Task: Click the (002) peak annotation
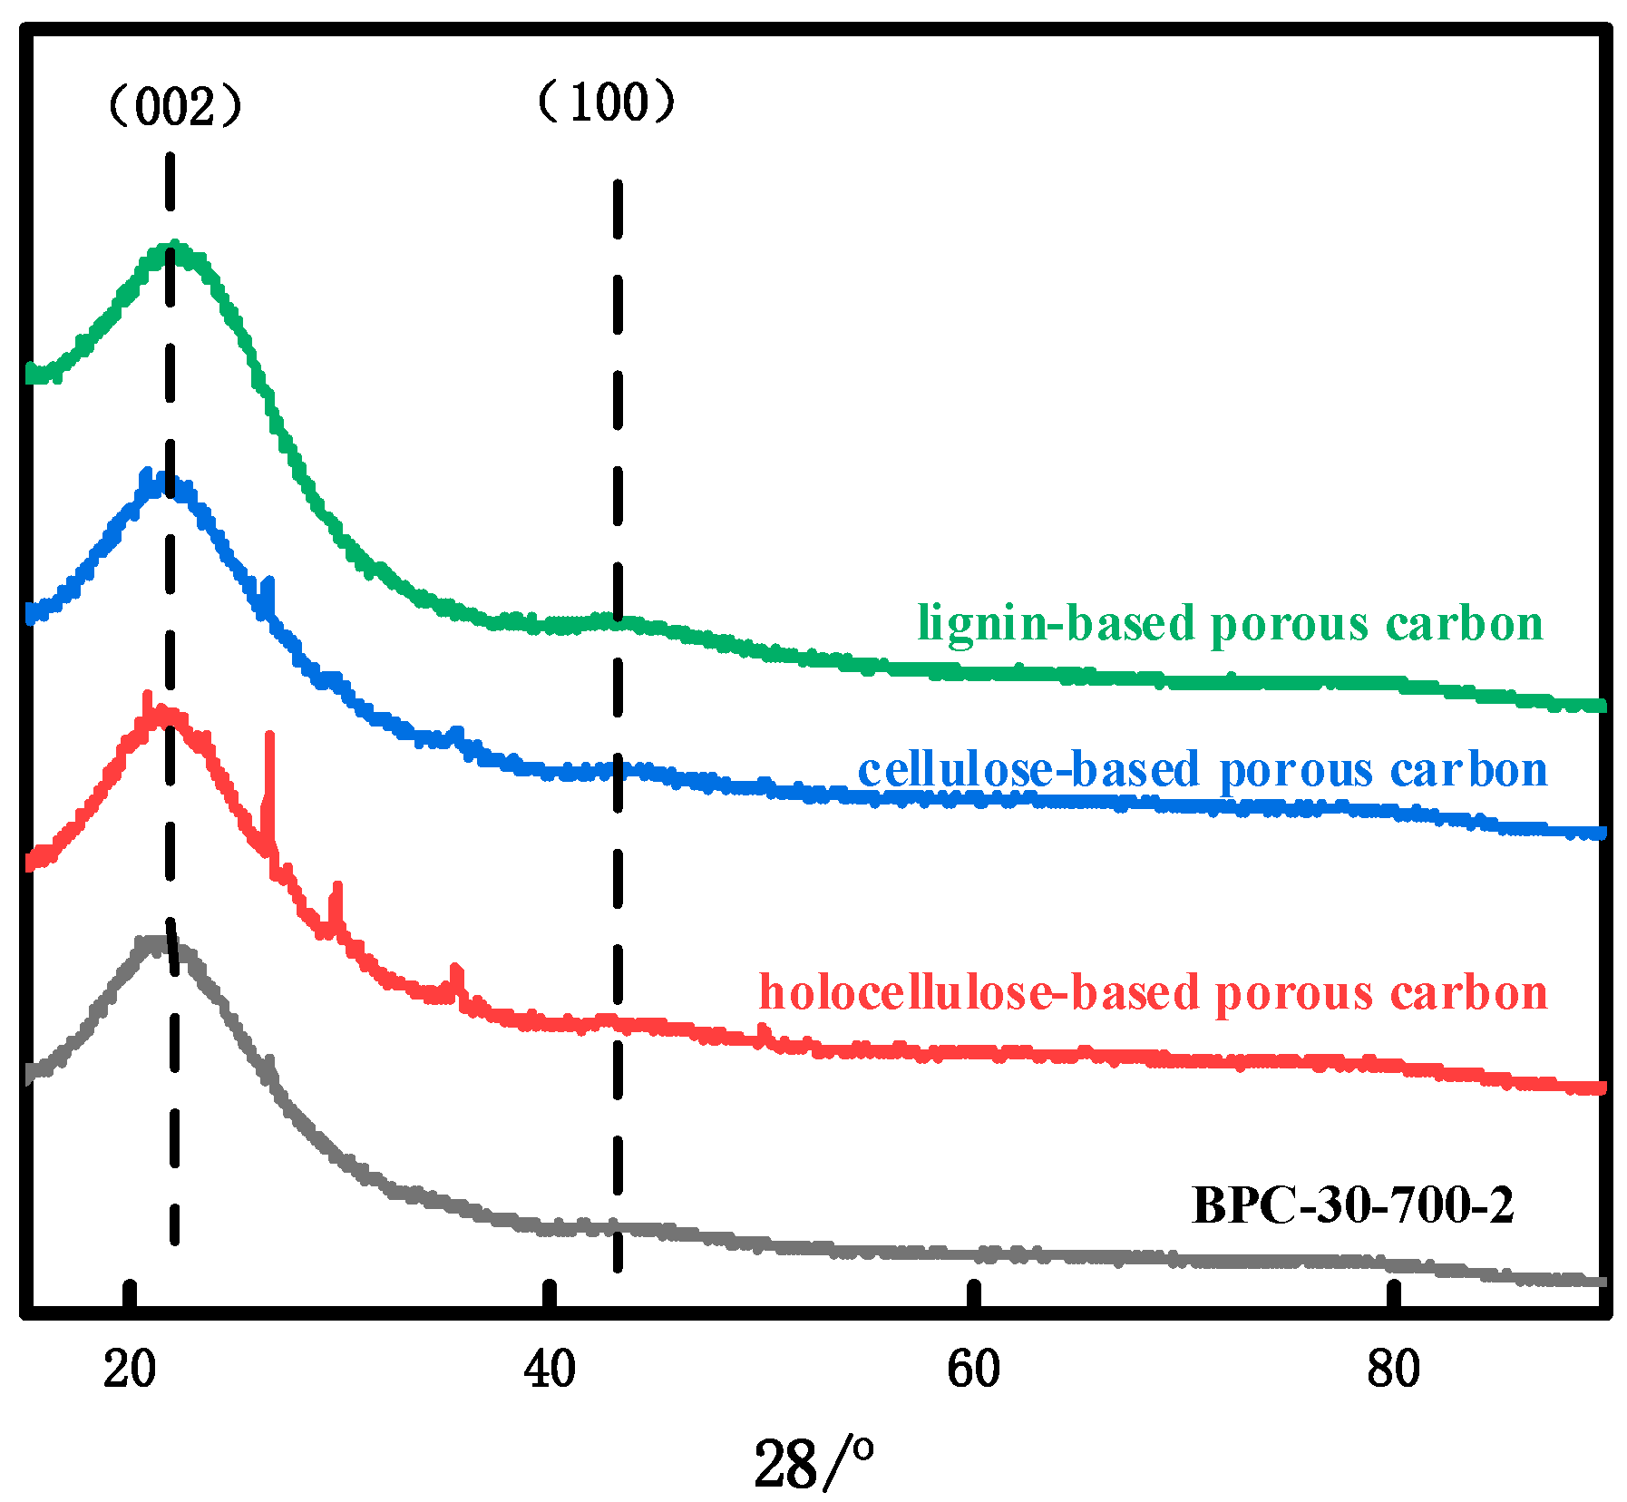click(175, 107)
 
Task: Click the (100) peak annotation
click(607, 102)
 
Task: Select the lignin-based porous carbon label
click(1230, 624)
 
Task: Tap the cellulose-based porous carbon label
click(1202, 770)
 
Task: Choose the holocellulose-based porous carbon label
click(1153, 992)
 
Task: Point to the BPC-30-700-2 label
click(1352, 1205)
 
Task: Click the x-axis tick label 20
click(130, 1368)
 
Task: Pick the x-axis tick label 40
click(550, 1368)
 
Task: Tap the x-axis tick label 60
click(972, 1368)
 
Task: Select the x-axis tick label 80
click(1393, 1368)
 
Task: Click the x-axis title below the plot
click(813, 1462)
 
